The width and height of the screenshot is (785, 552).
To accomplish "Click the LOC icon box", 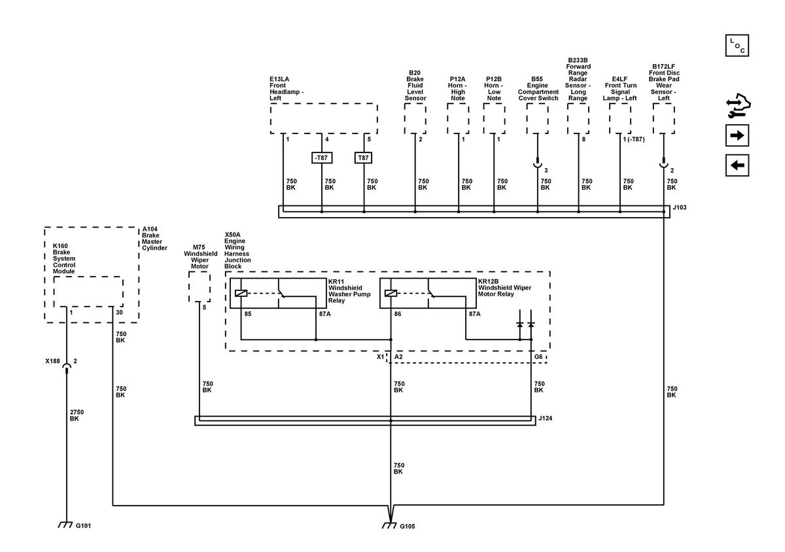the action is pyautogui.click(x=737, y=46).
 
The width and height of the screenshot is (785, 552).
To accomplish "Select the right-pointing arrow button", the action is pyautogui.click(x=737, y=135).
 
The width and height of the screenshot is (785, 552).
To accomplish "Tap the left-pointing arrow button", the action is pyautogui.click(x=737, y=165).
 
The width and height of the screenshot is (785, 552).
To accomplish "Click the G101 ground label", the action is pyautogui.click(x=84, y=526).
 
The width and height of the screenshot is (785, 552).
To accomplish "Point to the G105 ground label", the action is pyautogui.click(x=407, y=526).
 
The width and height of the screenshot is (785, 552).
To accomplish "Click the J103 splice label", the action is pyautogui.click(x=680, y=207).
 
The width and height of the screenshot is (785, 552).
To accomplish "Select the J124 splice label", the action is pyautogui.click(x=546, y=418).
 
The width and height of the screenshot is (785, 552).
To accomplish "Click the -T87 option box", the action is pyautogui.click(x=322, y=158).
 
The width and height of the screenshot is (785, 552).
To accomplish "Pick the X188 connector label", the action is pyautogui.click(x=52, y=361).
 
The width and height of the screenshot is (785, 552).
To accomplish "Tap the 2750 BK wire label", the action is pyautogui.click(x=77, y=415).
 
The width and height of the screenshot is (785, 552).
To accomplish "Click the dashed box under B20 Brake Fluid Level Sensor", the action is pyautogui.click(x=415, y=119).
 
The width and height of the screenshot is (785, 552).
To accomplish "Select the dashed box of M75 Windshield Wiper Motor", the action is pyautogui.click(x=200, y=286).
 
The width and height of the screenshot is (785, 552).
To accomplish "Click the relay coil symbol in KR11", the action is pyautogui.click(x=241, y=294).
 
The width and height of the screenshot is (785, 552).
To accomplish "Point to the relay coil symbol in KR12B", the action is pyautogui.click(x=391, y=294).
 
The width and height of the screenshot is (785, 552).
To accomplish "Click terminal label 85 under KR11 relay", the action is pyautogui.click(x=248, y=314).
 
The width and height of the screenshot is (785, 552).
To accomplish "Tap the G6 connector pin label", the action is pyautogui.click(x=538, y=357).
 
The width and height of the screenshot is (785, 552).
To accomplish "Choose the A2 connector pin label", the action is pyautogui.click(x=398, y=357).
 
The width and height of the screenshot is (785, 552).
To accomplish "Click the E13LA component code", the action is pyautogui.click(x=279, y=79).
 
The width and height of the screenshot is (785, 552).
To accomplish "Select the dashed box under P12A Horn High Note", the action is pyautogui.click(x=458, y=119).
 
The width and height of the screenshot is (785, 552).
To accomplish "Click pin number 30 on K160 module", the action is pyautogui.click(x=119, y=313).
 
